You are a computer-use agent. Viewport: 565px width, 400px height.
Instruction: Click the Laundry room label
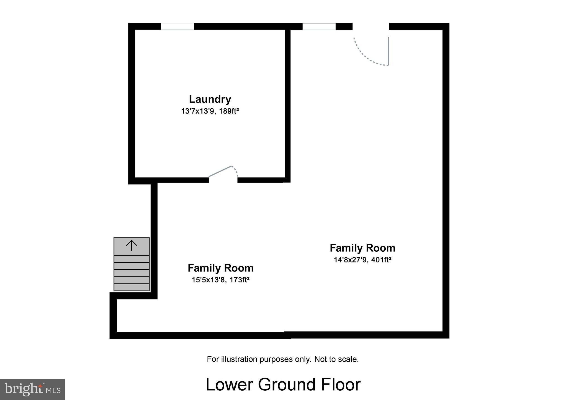[210, 99]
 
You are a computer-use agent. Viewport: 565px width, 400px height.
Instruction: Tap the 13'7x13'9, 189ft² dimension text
[210, 111]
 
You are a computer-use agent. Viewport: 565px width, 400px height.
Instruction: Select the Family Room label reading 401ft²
[363, 248]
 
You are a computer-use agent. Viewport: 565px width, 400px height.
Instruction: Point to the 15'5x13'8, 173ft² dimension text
[220, 280]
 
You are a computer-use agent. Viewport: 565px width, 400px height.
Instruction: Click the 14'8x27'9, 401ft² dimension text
[363, 260]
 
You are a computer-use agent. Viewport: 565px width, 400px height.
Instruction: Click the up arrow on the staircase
[132, 245]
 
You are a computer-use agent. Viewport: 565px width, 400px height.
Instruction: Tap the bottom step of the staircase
[132, 287]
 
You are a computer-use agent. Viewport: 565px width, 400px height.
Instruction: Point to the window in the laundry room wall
[177, 27]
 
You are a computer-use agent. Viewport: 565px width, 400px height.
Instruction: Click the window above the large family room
[319, 27]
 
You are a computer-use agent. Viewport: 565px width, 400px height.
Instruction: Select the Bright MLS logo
[32, 389]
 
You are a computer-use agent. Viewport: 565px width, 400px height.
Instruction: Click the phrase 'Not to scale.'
[336, 359]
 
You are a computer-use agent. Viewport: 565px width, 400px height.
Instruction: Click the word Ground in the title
[287, 385]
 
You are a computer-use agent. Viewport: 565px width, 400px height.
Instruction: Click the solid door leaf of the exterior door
[388, 51]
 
